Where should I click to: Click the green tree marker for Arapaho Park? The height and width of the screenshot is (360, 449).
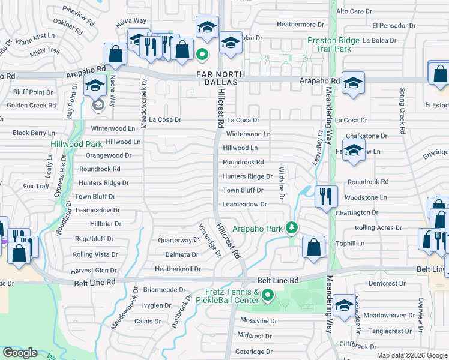click(x=292, y=227)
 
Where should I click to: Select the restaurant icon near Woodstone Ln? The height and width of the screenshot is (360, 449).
click(x=326, y=197)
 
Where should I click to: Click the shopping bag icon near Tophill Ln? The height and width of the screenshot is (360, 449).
click(x=313, y=247)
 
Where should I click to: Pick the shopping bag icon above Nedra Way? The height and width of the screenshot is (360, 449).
click(x=115, y=54)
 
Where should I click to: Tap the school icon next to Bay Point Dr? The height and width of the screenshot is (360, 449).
click(x=95, y=87)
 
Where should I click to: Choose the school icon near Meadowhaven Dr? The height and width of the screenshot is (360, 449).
click(x=344, y=307)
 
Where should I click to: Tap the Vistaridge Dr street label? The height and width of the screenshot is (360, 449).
click(x=210, y=239)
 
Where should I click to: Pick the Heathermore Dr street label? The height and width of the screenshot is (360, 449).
click(x=300, y=25)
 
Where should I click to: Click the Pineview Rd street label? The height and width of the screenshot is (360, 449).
click(x=79, y=12)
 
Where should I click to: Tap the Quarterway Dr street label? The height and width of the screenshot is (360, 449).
click(x=178, y=240)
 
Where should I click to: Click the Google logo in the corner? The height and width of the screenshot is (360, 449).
click(x=20, y=353)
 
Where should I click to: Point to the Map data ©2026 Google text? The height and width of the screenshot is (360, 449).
click(x=412, y=355)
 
